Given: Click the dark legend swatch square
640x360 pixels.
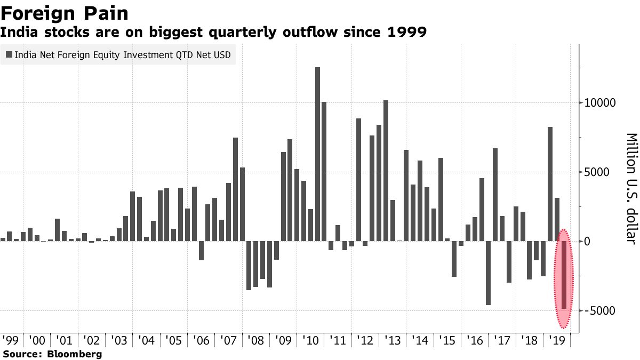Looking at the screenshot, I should click(x=9, y=55).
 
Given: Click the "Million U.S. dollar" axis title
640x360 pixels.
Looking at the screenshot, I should click(x=631, y=188).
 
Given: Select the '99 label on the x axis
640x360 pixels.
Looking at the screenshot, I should click(x=10, y=340).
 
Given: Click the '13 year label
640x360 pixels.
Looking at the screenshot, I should click(x=393, y=340).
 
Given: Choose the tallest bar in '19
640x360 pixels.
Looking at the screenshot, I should click(x=550, y=183).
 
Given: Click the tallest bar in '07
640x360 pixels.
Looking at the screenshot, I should click(x=235, y=189).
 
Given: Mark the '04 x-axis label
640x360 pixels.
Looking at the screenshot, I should click(x=147, y=340).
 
